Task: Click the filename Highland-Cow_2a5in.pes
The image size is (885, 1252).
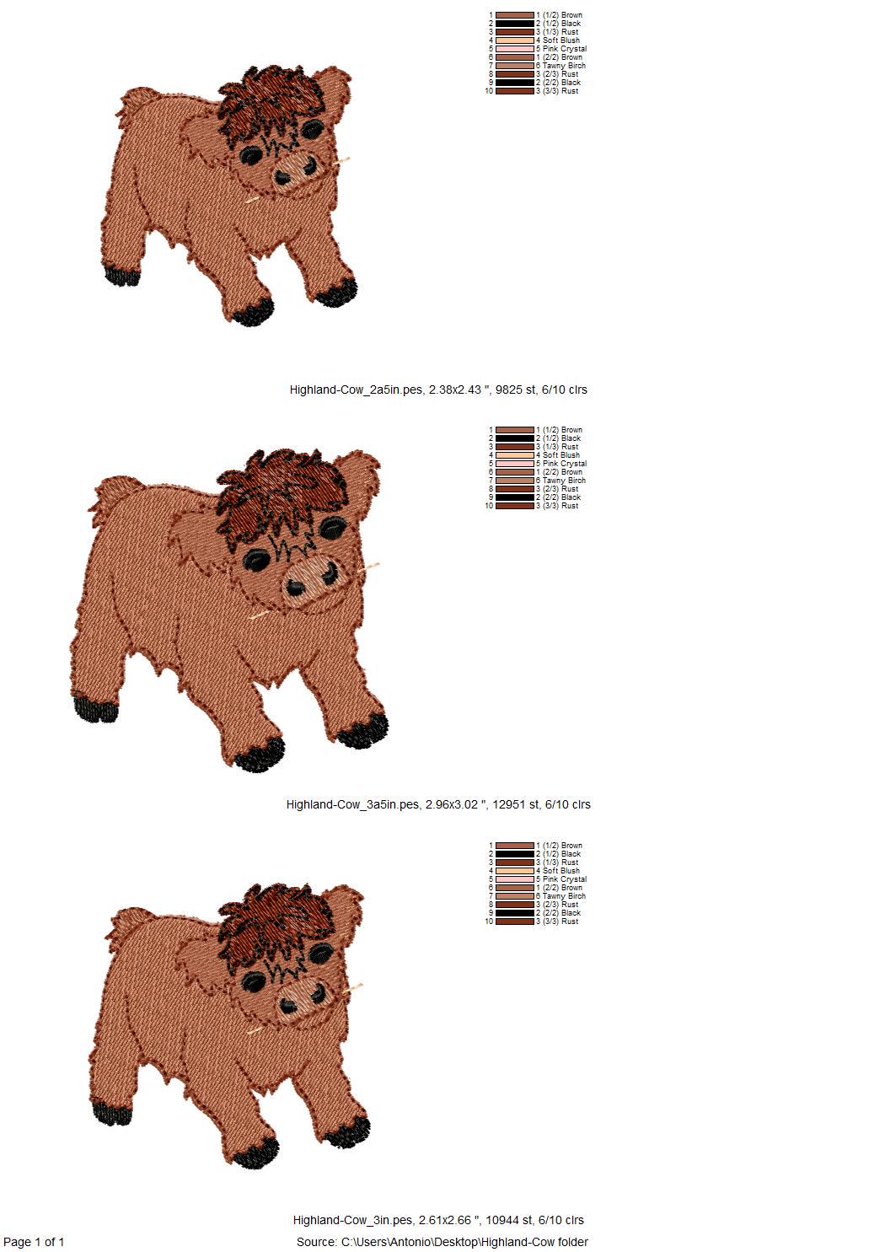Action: click(x=356, y=390)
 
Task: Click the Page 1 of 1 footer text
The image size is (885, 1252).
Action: click(x=34, y=1242)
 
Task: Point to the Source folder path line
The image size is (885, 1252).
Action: click(x=442, y=1242)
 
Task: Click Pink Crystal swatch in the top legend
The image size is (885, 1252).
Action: click(x=515, y=49)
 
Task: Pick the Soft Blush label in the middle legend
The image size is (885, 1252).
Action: click(x=558, y=455)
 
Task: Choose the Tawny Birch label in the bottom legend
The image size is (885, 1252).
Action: click(x=561, y=896)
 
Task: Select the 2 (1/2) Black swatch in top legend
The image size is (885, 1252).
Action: click(x=515, y=24)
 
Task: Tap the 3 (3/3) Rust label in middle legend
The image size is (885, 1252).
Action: click(x=557, y=506)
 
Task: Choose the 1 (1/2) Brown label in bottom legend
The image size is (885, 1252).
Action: click(x=560, y=846)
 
